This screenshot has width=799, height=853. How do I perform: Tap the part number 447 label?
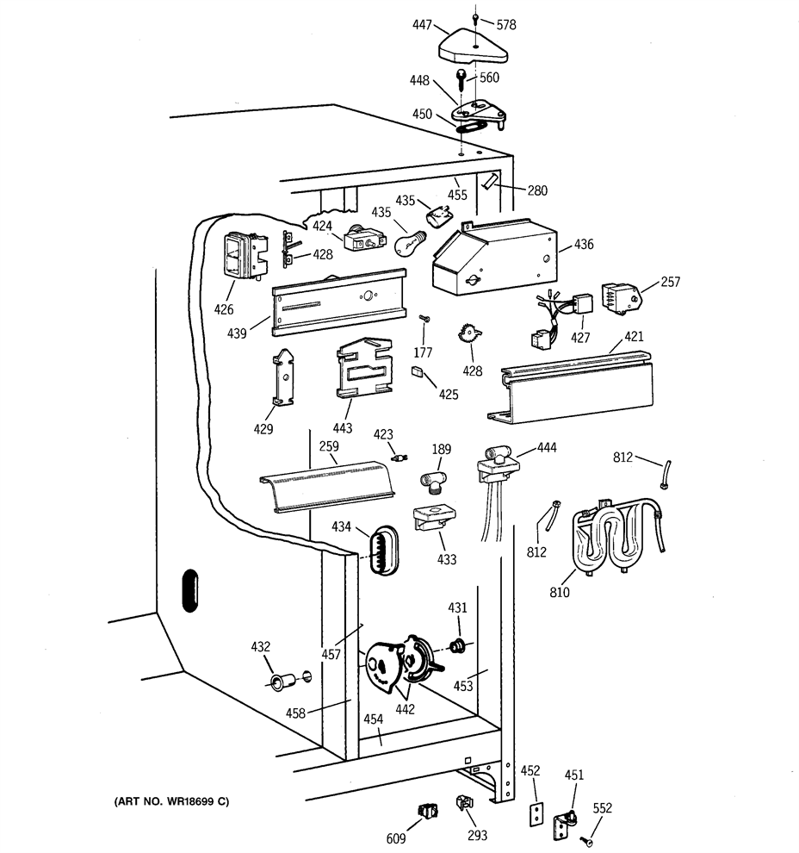(x=422, y=24)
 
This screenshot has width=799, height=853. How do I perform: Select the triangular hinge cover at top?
(x=473, y=47)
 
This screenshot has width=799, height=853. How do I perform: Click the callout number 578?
(x=506, y=24)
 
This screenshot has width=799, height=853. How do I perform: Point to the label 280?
(x=537, y=190)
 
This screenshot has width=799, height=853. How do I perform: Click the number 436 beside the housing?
(x=584, y=244)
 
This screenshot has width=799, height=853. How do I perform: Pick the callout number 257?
(x=670, y=281)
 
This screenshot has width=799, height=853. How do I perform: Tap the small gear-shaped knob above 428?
(x=470, y=333)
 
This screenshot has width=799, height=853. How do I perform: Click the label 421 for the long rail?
(x=634, y=336)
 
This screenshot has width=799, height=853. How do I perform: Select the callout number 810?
(x=560, y=592)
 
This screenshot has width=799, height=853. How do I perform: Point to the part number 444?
(x=547, y=447)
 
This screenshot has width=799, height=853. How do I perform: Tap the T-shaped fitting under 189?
(x=433, y=482)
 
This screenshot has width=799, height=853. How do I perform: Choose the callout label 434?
(x=341, y=526)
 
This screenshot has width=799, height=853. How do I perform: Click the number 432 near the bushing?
(x=260, y=647)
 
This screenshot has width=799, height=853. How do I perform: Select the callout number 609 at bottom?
(x=396, y=839)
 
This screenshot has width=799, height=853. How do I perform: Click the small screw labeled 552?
(x=587, y=842)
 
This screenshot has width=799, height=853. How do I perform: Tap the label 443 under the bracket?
(x=343, y=428)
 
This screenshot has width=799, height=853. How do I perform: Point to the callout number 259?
(x=329, y=446)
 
